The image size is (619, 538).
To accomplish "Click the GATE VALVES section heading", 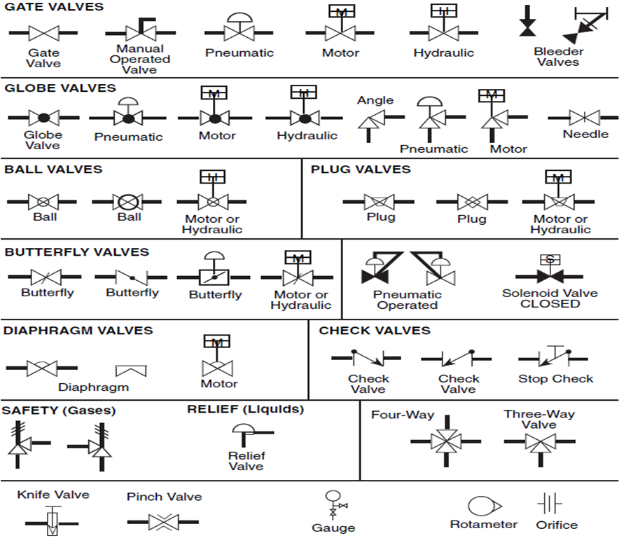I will tap(54, 7).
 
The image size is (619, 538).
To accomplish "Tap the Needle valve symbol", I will tap(578, 117).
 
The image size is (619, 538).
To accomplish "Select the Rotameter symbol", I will tap(482, 506).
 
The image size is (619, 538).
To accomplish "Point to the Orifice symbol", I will tap(550, 504).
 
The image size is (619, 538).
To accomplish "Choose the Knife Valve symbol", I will tap(52, 522).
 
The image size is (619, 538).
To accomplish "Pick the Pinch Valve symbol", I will tap(164, 522).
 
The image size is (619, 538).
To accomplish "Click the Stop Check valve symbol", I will tap(552, 358).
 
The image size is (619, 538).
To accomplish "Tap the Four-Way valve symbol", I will tap(445, 441).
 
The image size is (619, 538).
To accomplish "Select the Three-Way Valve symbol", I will tap(538, 441).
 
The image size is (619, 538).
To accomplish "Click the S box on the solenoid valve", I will tap(550, 258).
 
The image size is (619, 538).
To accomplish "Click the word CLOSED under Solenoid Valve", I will tap(550, 304).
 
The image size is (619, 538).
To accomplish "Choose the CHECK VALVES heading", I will tap(375, 331).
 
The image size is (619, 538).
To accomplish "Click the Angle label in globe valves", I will tap(375, 100).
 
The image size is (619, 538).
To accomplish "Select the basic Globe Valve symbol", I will tap(43, 117).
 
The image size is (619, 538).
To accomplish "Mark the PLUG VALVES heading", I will tap(361, 170).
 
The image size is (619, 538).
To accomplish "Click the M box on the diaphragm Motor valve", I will tap(217, 341).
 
